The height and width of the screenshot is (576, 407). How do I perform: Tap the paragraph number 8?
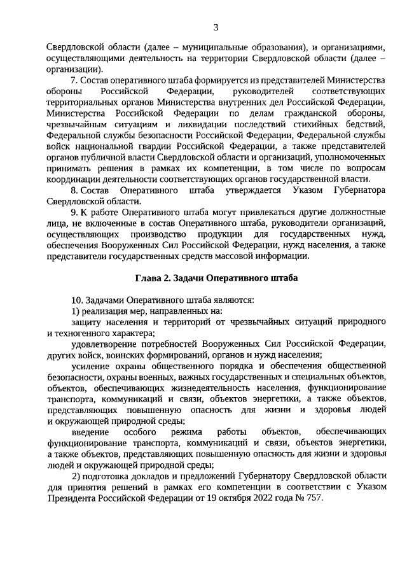[74, 190]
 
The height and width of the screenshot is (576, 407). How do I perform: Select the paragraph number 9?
[74, 212]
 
